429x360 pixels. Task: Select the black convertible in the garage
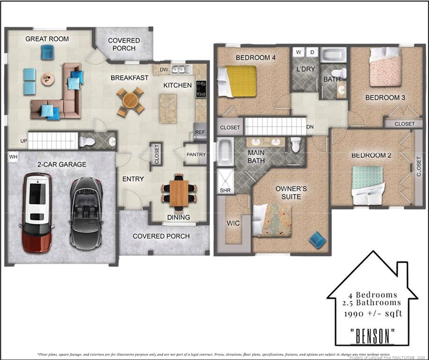pyautogui.click(x=86, y=213)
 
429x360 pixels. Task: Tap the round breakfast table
pyautogui.click(x=131, y=101)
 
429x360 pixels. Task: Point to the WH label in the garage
pyautogui.click(x=12, y=157)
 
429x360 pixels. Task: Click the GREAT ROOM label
pyautogui.click(x=47, y=39)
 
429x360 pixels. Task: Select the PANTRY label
pyautogui.click(x=196, y=154)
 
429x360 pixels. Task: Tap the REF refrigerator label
pyautogui.click(x=200, y=132)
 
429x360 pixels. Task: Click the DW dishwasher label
pyautogui.click(x=164, y=70)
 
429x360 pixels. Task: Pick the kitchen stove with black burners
pyautogui.click(x=201, y=88)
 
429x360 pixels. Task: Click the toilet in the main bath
pyautogui.click(x=296, y=145)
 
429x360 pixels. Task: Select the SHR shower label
pyautogui.click(x=224, y=190)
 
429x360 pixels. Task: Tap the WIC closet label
pyautogui.click(x=233, y=223)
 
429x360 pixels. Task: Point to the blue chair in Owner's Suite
pyautogui.click(x=318, y=240)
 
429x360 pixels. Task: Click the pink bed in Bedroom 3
pyautogui.click(x=385, y=68)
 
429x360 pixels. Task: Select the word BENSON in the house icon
pyautogui.click(x=373, y=336)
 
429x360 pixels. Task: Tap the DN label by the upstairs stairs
pyautogui.click(x=310, y=127)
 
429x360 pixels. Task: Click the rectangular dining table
pyautogui.click(x=179, y=193)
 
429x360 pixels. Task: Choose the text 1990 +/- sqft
pyautogui.click(x=373, y=313)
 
